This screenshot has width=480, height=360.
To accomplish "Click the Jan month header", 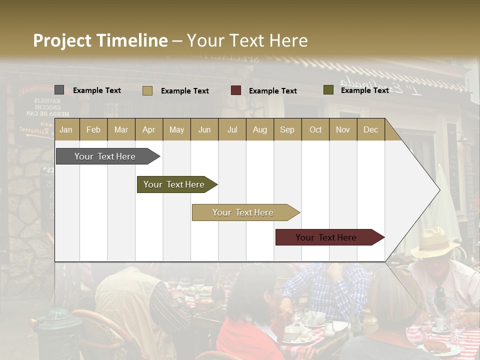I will (x=66, y=129).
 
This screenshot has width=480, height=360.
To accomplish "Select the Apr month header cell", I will (x=149, y=129).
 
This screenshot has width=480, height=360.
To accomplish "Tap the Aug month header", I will (x=259, y=129).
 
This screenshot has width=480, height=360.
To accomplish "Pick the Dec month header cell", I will (x=370, y=129).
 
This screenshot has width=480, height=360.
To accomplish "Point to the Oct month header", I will (x=315, y=129).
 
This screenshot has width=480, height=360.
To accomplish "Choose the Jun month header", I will (x=204, y=129).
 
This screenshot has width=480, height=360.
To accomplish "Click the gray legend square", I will (x=59, y=90).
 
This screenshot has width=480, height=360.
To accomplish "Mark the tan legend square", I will (x=147, y=90).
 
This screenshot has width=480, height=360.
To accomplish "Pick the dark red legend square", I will (x=235, y=90).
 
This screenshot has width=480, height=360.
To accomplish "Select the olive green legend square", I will (x=328, y=90).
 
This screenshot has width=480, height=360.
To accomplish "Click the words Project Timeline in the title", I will (x=100, y=40).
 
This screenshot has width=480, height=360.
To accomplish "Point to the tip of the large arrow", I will (x=439, y=190).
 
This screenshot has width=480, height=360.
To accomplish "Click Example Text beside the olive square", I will (x=364, y=90).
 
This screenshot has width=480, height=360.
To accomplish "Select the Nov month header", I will (x=342, y=129).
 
